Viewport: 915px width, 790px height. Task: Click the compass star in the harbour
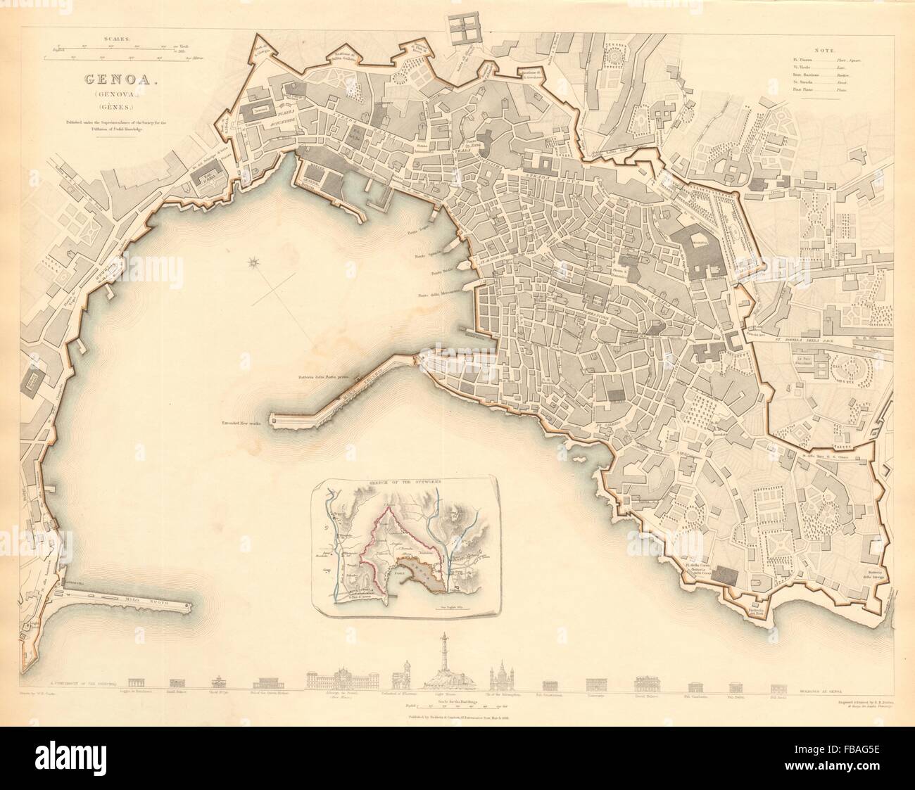(x=253, y=265)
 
